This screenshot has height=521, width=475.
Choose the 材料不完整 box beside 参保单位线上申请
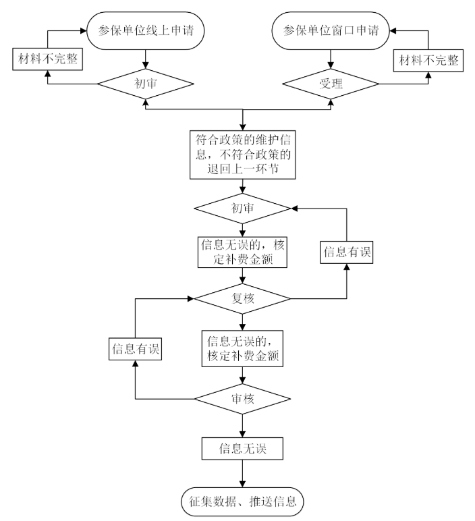tap(45, 61)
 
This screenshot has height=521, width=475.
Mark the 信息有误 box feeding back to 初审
tap(347, 252)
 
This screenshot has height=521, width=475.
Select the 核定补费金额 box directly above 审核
tap(242, 348)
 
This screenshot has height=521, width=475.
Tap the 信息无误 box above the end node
tap(242, 448)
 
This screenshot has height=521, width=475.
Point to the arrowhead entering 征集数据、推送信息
tap(242, 483)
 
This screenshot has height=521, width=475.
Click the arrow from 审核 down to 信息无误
tap(242, 425)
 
